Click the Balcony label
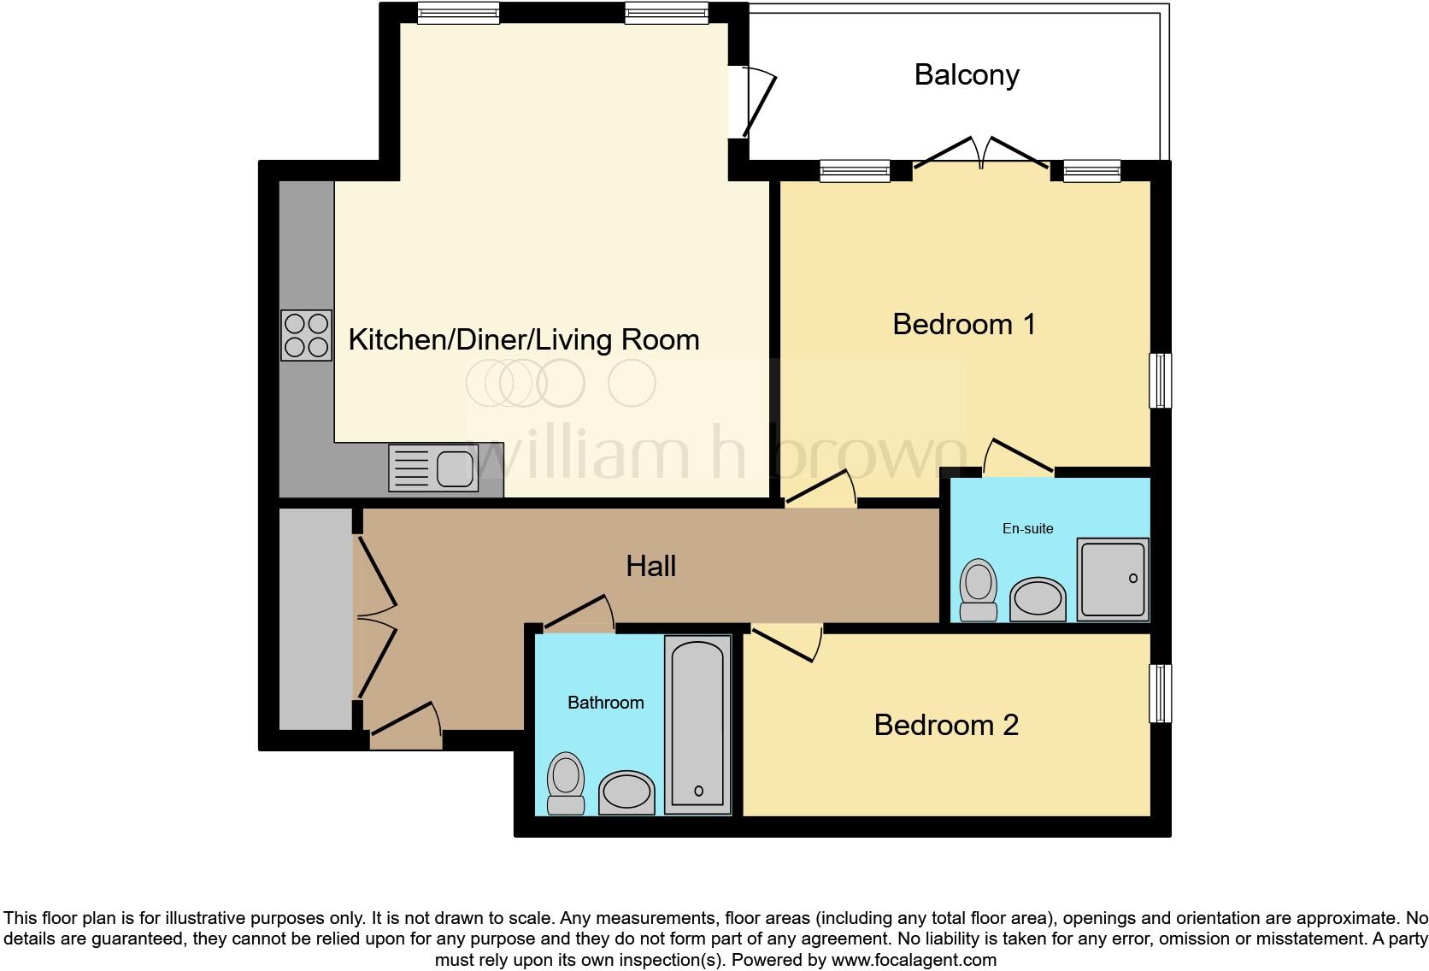click(x=966, y=75)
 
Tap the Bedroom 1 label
click(x=963, y=325)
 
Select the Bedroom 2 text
click(x=945, y=726)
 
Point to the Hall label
click(x=650, y=567)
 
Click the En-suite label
click(x=1027, y=529)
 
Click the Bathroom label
click(x=605, y=703)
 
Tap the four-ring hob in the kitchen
click(x=306, y=335)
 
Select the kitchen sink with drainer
click(x=432, y=468)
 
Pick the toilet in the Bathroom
click(x=565, y=783)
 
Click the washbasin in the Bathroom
click(x=626, y=792)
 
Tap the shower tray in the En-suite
click(x=1112, y=579)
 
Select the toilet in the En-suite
click(x=979, y=590)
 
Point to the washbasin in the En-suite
click(x=1038, y=599)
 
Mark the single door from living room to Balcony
click(x=756, y=103)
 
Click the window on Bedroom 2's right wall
click(x=1160, y=693)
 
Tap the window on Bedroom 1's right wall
click(x=1160, y=380)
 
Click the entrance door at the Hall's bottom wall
click(x=406, y=728)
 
